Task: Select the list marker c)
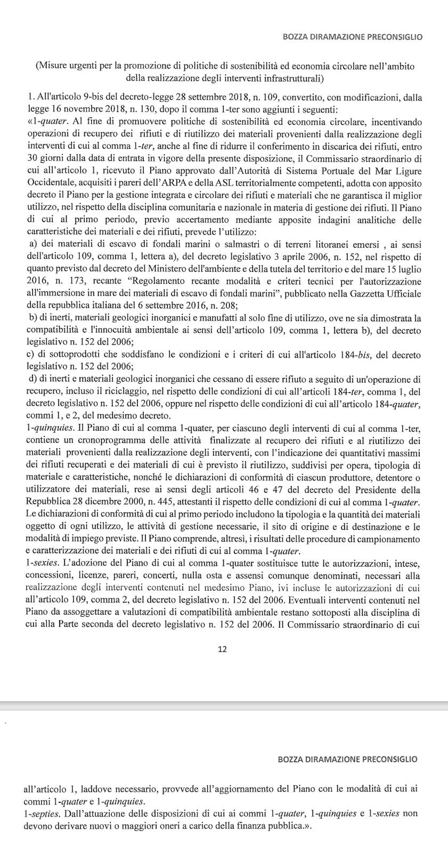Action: [30, 355]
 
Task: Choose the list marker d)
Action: [30, 379]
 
